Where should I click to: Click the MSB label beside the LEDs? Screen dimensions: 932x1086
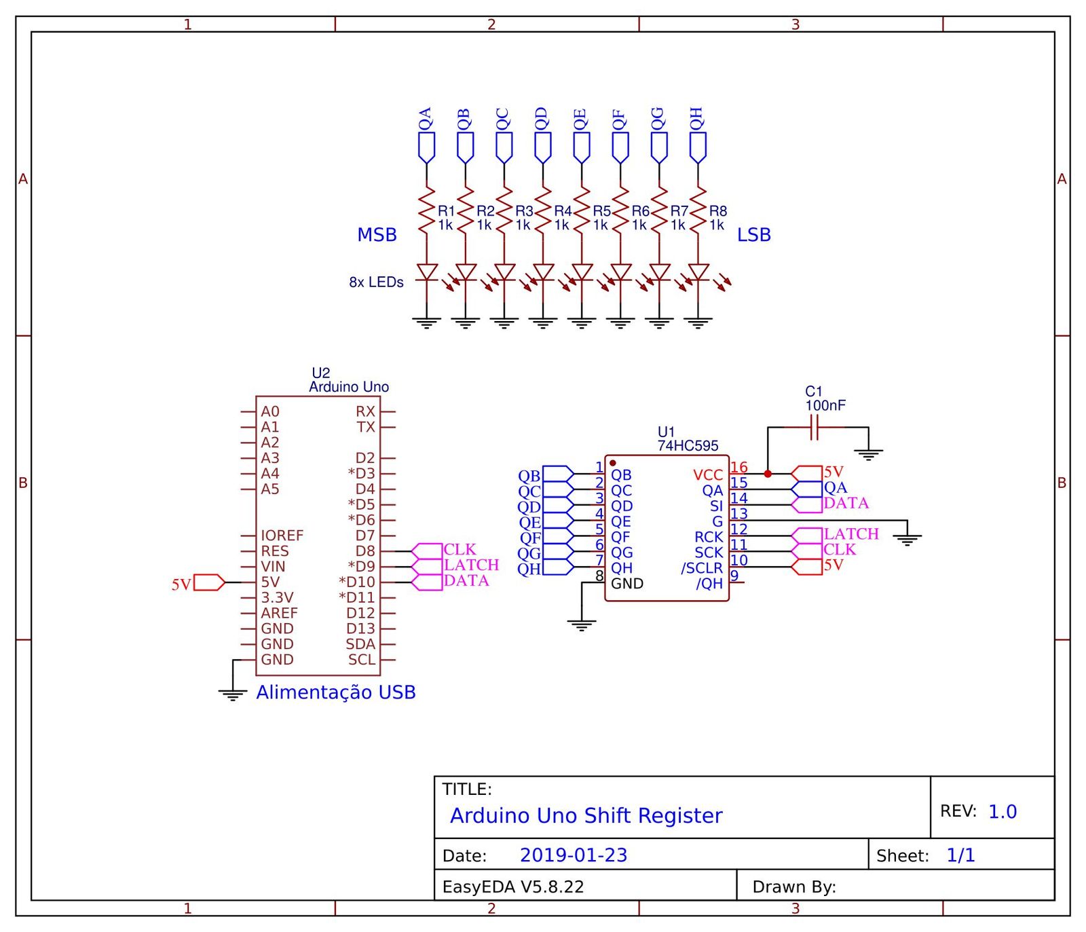click(x=377, y=235)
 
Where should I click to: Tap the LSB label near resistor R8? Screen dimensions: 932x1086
click(x=753, y=235)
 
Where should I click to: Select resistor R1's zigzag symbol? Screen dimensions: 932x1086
click(x=426, y=212)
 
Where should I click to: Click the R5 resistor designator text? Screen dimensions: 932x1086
click(x=601, y=211)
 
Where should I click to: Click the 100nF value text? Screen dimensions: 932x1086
click(x=825, y=406)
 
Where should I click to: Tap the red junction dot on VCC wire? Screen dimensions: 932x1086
click(x=768, y=474)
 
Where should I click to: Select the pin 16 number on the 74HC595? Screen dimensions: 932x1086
click(x=739, y=467)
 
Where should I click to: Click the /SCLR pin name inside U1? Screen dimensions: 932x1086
click(x=702, y=568)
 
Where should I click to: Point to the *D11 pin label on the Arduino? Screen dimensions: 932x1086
click(x=357, y=598)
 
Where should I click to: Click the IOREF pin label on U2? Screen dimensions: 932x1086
click(x=282, y=536)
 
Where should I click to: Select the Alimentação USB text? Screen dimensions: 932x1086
click(x=335, y=692)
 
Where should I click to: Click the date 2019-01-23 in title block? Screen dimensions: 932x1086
click(x=574, y=855)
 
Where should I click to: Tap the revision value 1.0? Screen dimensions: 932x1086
click(x=1002, y=812)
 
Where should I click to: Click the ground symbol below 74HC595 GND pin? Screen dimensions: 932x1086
click(x=582, y=625)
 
